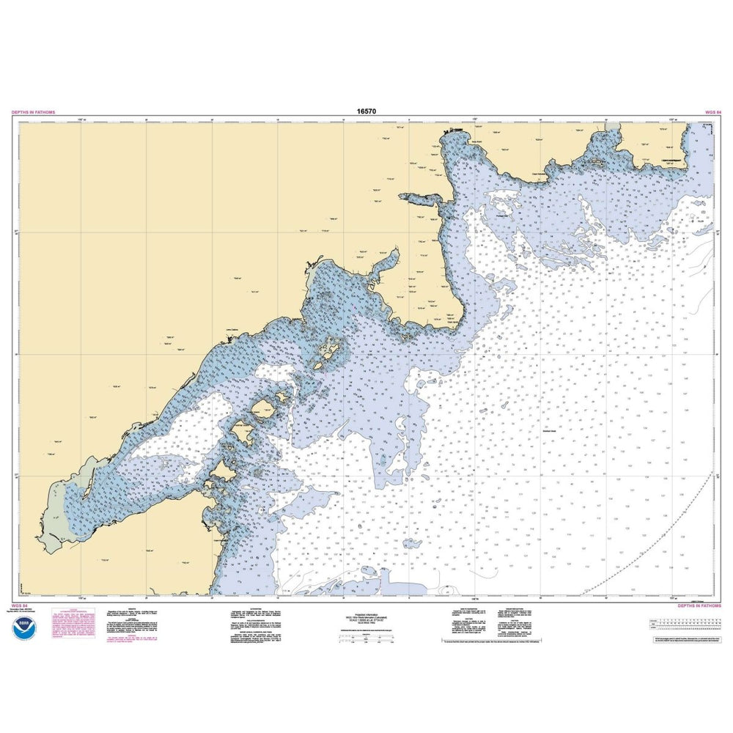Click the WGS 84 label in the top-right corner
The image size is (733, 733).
[x=713, y=112]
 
